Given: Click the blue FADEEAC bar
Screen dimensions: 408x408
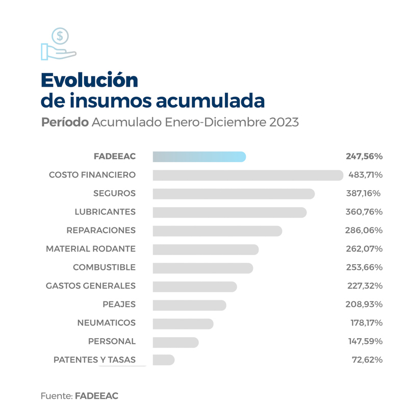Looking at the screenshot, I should [199, 157].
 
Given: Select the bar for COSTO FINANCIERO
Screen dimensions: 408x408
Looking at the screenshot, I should [248, 175].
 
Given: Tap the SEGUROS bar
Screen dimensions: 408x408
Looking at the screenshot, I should [234, 194].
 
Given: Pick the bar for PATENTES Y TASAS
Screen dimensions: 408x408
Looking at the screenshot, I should [163, 360].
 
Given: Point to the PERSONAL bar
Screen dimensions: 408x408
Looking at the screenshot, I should [175, 342].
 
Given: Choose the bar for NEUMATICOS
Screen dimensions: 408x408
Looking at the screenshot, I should [183, 323].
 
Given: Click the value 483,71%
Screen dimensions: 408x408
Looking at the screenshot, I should [365, 175].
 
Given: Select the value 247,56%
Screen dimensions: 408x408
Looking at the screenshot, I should [364, 157].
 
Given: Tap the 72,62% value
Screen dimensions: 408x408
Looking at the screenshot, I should [367, 360].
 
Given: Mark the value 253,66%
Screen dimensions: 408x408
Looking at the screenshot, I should [364, 268].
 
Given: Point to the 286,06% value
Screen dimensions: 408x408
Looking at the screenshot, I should [364, 231].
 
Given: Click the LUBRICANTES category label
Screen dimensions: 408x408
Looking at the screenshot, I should [105, 212].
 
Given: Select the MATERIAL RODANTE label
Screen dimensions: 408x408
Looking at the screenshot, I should [91, 249].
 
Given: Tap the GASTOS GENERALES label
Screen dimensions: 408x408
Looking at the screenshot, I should [91, 286].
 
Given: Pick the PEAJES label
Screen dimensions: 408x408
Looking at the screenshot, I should [119, 304].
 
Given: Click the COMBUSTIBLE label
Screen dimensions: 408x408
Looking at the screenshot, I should [104, 268].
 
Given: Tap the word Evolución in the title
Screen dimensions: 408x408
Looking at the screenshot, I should [89, 80].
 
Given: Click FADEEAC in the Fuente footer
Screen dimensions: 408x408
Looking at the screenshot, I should [96, 396].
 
